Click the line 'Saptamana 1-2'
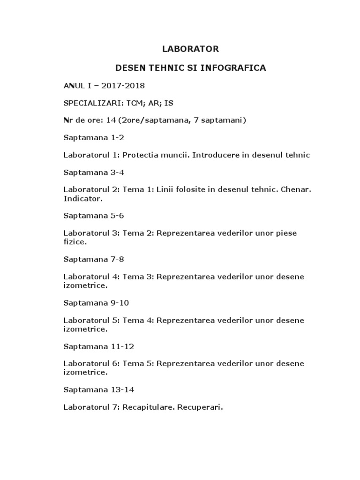tap(94, 138)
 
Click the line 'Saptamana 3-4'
tap(94, 172)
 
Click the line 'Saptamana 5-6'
tap(94, 216)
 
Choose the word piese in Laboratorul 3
tap(286, 233)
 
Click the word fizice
tap(75, 242)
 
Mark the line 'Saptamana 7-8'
tap(94, 259)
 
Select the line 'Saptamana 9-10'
tap(96, 303)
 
